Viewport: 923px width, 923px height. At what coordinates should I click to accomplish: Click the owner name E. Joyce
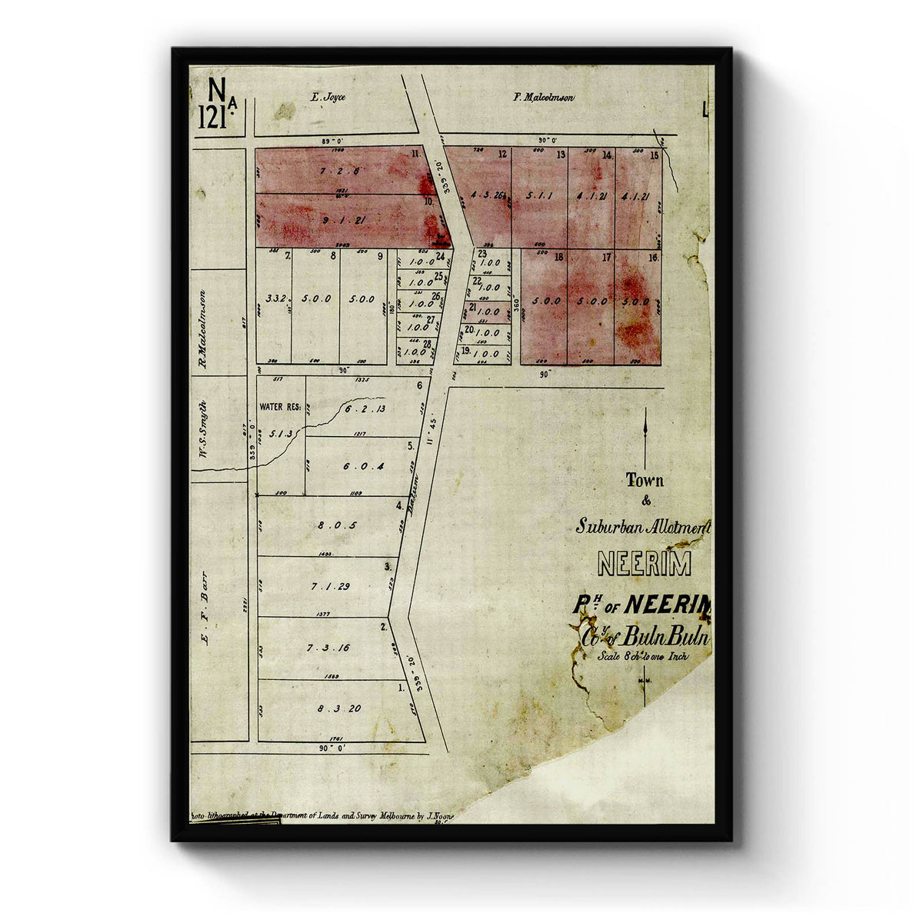pyautogui.click(x=328, y=98)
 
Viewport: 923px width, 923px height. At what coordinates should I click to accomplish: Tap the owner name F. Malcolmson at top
pyautogui.click(x=544, y=98)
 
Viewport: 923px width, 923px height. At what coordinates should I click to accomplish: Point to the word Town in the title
pyautogui.click(x=645, y=481)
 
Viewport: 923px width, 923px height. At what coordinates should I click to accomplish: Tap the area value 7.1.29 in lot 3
pyautogui.click(x=331, y=586)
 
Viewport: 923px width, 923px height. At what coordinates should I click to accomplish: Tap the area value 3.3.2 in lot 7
pyautogui.click(x=274, y=298)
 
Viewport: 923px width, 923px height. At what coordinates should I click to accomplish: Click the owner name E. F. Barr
pyautogui.click(x=205, y=607)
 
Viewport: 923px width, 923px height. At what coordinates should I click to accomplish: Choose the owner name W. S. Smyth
pyautogui.click(x=204, y=428)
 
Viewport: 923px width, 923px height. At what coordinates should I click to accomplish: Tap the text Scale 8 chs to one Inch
pyautogui.click(x=643, y=657)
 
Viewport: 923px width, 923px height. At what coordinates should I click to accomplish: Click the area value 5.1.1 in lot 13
pyautogui.click(x=540, y=195)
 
